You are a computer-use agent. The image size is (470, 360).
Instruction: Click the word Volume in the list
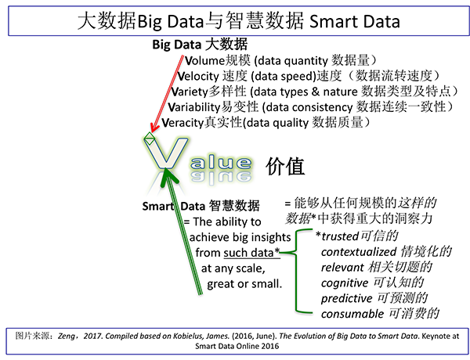coord(204,61)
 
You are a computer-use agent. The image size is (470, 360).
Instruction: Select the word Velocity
coord(198,77)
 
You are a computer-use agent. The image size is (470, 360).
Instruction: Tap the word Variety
coord(190,92)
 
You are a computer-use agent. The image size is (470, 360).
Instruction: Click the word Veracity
coord(183,123)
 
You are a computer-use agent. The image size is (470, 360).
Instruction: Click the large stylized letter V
coord(166,153)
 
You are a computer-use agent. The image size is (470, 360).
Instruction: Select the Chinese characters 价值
coord(285,166)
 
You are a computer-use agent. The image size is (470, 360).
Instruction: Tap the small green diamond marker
coord(150,139)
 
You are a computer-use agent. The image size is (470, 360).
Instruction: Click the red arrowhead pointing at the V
coord(154,128)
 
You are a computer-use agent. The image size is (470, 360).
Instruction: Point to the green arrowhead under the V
coord(168,178)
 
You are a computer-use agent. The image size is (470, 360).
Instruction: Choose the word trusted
coord(340,236)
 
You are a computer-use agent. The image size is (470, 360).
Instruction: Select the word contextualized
coord(359,252)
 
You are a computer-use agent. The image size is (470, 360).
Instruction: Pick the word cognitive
coord(345,283)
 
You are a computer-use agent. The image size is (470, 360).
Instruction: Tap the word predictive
coord(346,299)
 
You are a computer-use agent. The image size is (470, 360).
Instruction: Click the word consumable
coord(352,314)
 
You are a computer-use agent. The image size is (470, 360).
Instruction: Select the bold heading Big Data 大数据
coord(200,45)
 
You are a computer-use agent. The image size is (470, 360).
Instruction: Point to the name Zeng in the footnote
coord(67,336)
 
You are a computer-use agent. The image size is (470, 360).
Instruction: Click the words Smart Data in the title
coord(355,22)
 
